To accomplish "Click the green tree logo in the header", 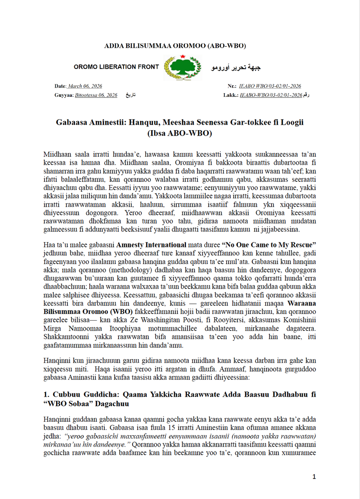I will point(182,67).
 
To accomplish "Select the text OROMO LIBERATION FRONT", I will point(116,67).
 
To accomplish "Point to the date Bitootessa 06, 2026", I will point(96,95).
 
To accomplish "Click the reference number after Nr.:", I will point(270,86).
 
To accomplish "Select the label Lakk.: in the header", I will point(230,95).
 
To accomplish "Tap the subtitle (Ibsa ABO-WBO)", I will point(180,133).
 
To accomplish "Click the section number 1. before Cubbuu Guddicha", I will point(46,394).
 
